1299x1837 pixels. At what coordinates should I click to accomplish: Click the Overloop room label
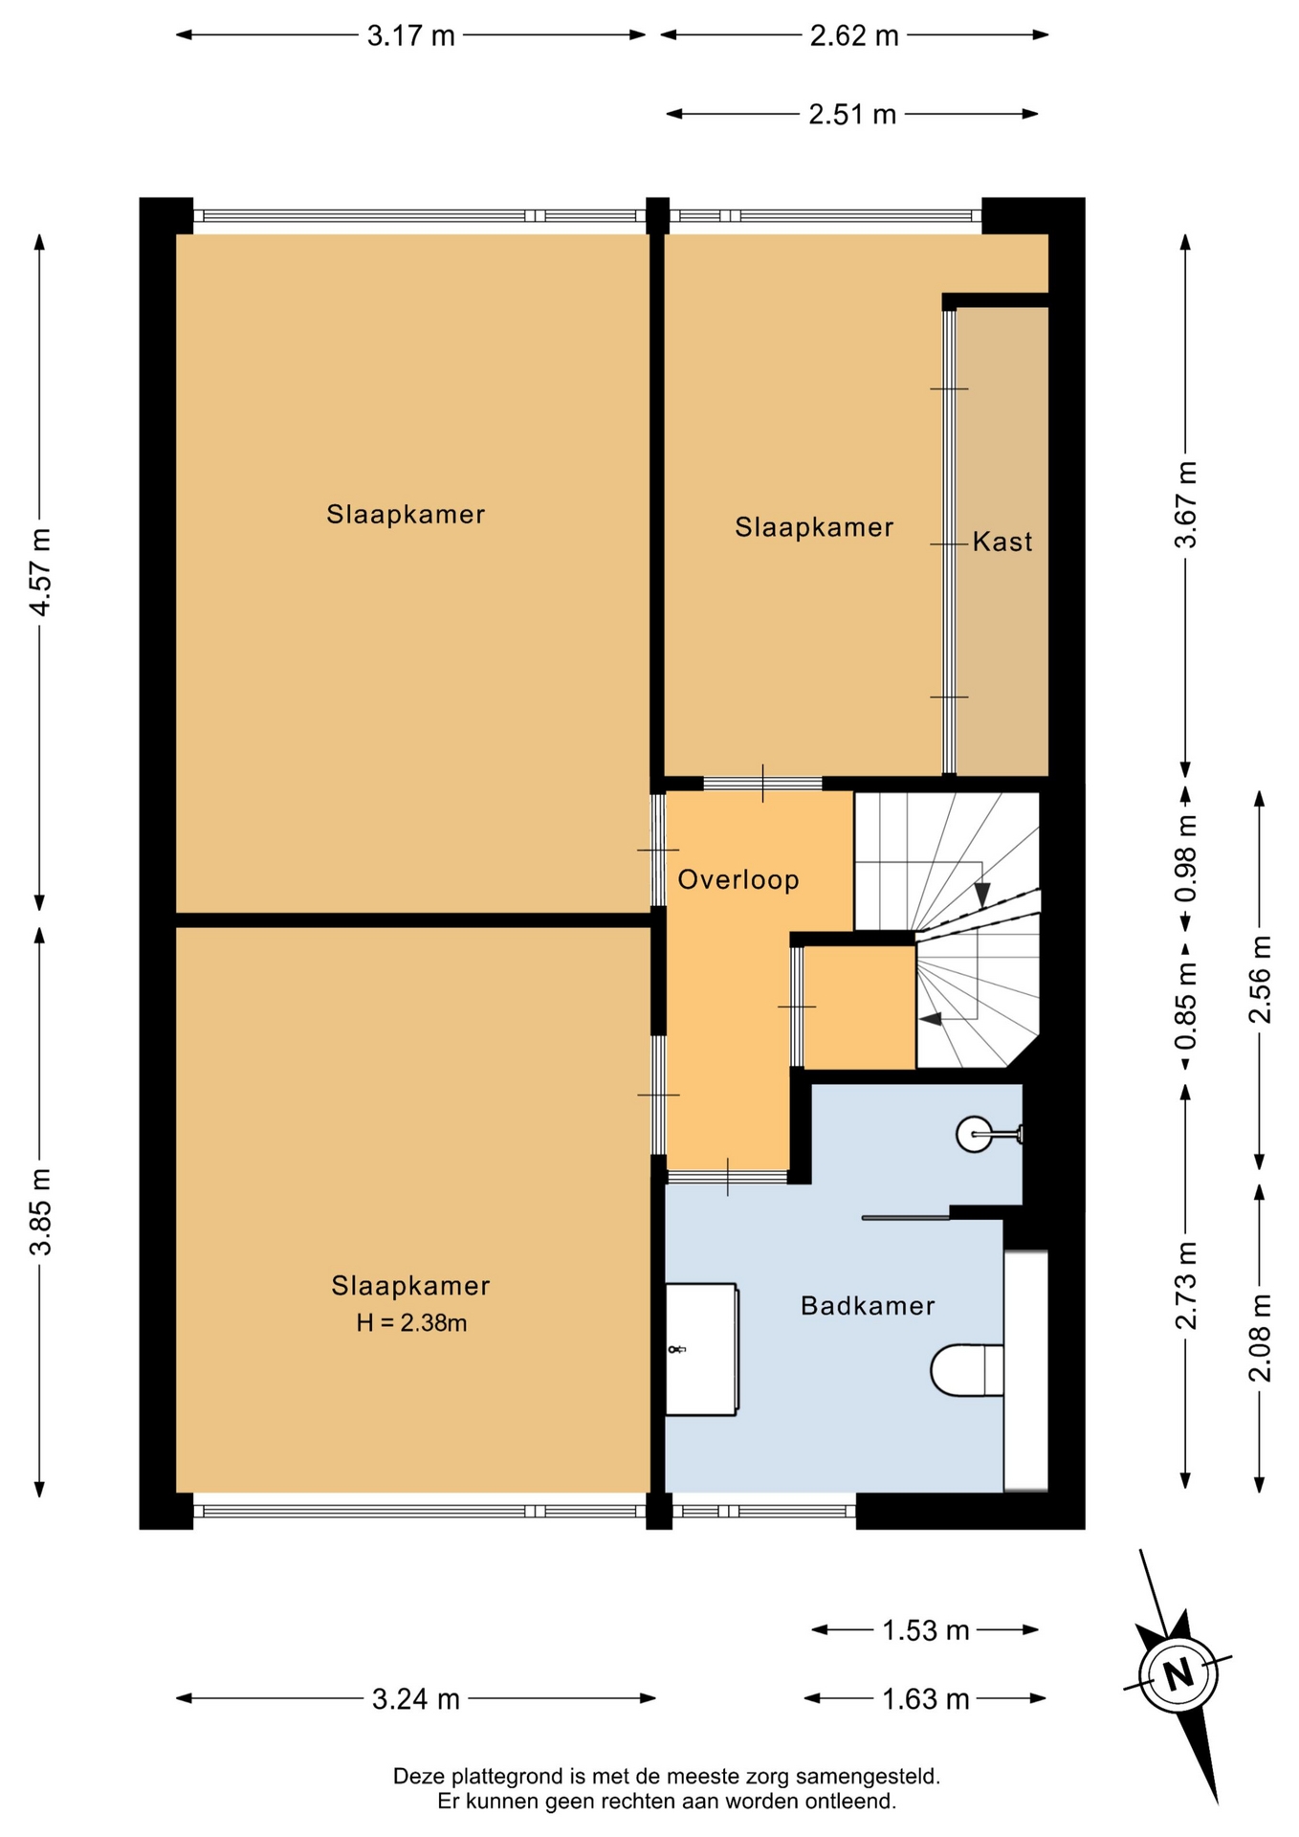738,879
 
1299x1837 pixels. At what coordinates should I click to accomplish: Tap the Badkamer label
868,1305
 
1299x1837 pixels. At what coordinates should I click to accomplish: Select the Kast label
1002,542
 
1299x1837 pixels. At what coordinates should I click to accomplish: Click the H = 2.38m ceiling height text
411,1322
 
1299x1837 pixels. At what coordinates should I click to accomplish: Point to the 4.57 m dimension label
39,571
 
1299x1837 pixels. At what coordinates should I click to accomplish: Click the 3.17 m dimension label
411,35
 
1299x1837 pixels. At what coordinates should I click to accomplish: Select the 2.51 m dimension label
852,115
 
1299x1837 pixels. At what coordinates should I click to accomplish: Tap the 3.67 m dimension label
1185,504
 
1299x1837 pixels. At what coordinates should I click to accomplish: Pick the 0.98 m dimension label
1185,858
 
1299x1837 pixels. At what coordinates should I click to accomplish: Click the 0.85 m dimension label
1185,1005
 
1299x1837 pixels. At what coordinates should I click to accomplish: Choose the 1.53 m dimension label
925,1629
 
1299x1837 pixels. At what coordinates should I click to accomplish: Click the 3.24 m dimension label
416,1699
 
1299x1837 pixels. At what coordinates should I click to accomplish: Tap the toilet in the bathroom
967,1370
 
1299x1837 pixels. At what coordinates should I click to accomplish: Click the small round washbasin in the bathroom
975,1135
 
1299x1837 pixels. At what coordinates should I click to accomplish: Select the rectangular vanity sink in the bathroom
701,1349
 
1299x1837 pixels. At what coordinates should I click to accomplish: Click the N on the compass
1178,1674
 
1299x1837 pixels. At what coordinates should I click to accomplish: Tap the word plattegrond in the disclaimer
504,1777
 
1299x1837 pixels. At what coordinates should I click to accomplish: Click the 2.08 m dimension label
1260,1338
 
